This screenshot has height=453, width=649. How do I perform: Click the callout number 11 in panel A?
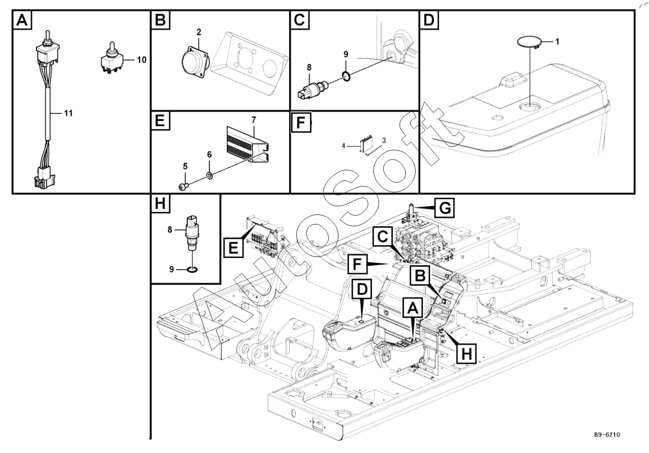(67, 113)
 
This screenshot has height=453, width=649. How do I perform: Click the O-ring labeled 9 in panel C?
(347, 77)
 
